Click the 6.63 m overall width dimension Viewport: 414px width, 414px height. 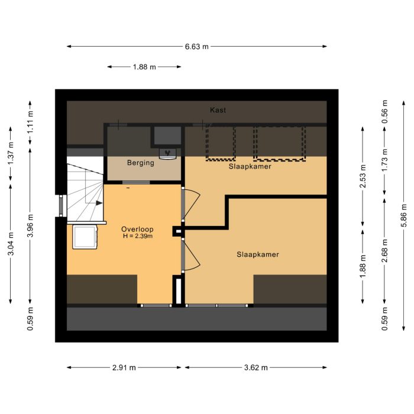pyautogui.click(x=197, y=47)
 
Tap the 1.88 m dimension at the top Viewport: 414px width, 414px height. pyautogui.click(x=144, y=67)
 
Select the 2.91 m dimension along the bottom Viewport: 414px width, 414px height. pyautogui.click(x=124, y=367)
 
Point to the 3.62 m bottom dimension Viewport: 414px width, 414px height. pyautogui.click(x=256, y=367)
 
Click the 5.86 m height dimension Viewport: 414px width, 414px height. pyautogui.click(x=404, y=215)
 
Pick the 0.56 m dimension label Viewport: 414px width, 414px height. pyautogui.click(x=384, y=112)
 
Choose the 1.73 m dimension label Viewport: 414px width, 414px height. pyautogui.click(x=384, y=160)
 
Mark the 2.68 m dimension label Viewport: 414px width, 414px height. pyautogui.click(x=384, y=251)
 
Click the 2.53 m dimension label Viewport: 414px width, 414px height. pyautogui.click(x=363, y=176)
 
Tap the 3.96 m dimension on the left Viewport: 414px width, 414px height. pyautogui.click(x=30, y=225)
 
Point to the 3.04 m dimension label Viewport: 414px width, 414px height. pyautogui.click(x=11, y=244)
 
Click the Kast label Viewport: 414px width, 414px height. pyautogui.click(x=218, y=110)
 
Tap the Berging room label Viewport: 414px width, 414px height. pyautogui.click(x=141, y=163)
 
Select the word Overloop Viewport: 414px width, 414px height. pyautogui.click(x=137, y=229)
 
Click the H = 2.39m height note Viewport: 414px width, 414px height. pyautogui.click(x=138, y=236)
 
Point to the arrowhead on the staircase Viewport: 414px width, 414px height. pyautogui.click(x=99, y=203)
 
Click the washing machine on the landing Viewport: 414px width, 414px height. pyautogui.click(x=85, y=237)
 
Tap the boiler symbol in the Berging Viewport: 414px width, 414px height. pyautogui.click(x=167, y=154)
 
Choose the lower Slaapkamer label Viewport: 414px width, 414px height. pyautogui.click(x=258, y=254)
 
